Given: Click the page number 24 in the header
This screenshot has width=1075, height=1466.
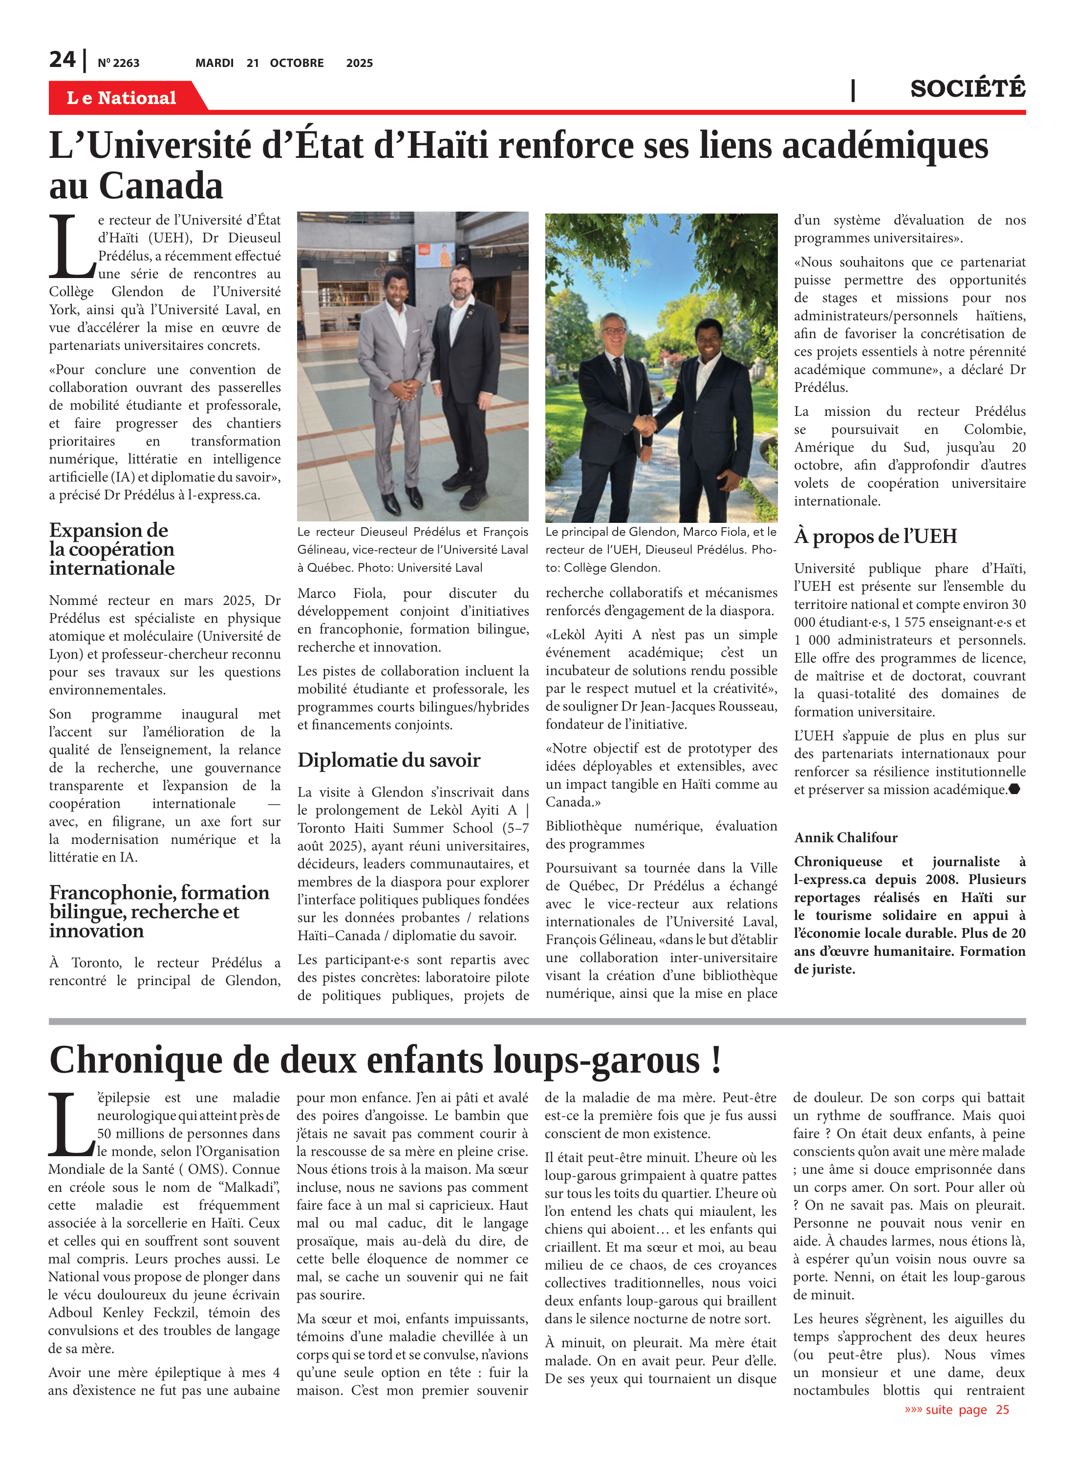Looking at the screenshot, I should point(63,60).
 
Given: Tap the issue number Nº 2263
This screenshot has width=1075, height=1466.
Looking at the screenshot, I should point(118,63).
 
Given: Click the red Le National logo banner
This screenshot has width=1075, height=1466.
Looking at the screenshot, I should point(122,98).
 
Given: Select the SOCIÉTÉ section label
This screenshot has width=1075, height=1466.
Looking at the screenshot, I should point(967,88).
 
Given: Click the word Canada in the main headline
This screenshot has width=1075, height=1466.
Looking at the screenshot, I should point(161,186).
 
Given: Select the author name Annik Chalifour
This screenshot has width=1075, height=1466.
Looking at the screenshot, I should point(845,838).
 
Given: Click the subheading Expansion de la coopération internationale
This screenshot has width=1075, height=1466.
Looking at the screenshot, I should point(111,549).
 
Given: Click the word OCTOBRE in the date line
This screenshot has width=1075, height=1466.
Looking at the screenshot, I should point(297,63).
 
